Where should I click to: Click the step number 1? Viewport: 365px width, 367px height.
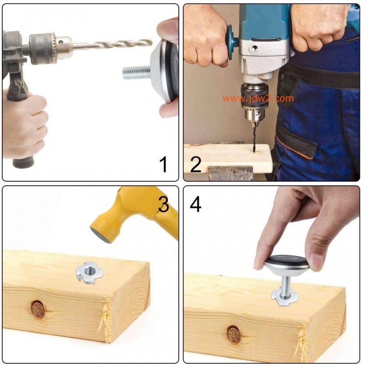tap(163, 164)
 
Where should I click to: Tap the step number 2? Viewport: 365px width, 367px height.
tap(196, 164)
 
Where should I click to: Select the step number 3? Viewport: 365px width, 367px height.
tap(163, 204)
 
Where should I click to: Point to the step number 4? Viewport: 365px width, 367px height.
tap(195, 204)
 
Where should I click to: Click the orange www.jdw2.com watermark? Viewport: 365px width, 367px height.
tap(258, 98)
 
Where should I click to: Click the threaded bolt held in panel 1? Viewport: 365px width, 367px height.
tap(136, 72)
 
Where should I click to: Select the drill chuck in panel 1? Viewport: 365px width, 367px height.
tap(51, 48)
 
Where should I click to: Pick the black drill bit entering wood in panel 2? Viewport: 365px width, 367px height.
tap(254, 138)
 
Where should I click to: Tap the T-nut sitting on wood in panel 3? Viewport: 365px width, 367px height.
tap(89, 273)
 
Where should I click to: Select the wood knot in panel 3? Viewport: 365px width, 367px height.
tap(38, 309)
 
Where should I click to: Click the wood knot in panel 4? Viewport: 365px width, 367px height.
tap(234, 335)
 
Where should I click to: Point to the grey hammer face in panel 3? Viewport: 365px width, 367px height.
tap(101, 236)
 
